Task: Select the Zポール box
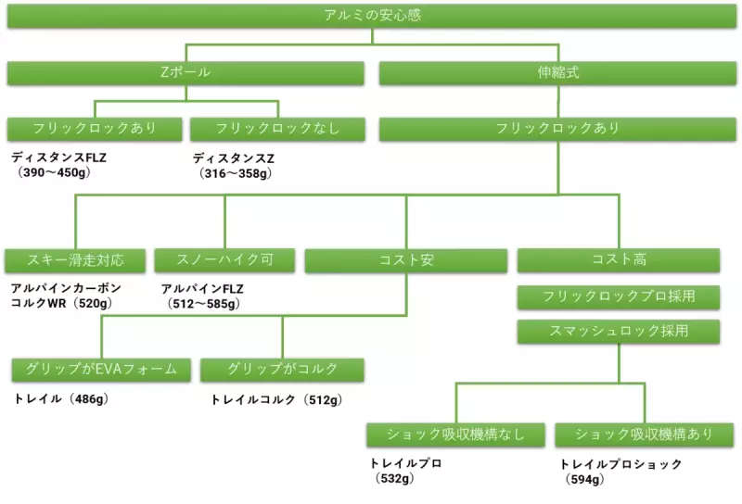(185, 72)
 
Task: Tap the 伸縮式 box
(557, 72)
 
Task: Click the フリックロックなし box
(277, 129)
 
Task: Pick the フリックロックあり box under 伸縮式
(557, 129)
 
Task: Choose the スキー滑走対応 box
(75, 260)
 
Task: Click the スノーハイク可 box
(224, 260)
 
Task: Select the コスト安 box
(406, 260)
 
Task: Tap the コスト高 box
(619, 260)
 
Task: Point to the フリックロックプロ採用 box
(619, 297)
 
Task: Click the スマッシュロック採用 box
(619, 331)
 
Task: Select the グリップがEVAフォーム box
(101, 370)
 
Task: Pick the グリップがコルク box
(283, 370)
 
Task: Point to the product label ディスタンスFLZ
(58, 157)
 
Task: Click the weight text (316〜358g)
(237, 172)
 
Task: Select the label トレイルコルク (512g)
(276, 400)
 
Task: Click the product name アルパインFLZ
(202, 289)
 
